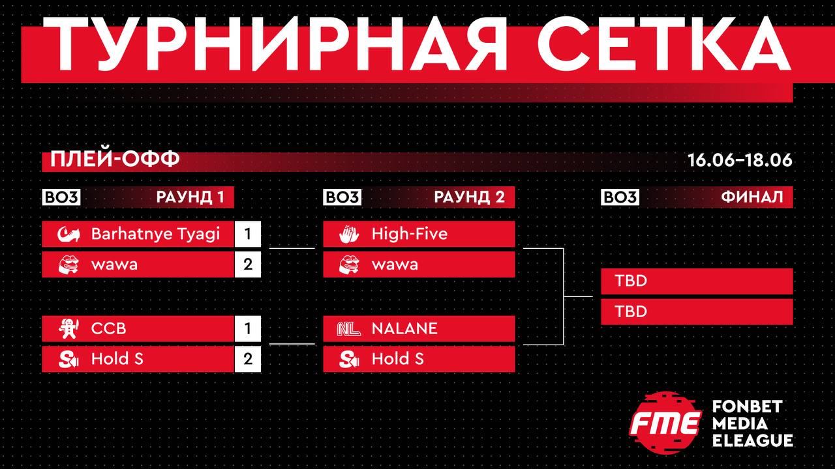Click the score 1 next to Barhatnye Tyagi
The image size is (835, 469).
coord(248,234)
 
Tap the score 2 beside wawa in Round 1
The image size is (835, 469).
coord(248,264)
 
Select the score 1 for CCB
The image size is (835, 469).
coord(248,329)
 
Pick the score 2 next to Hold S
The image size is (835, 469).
coord(248,359)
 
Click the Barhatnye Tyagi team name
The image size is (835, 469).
coord(155,234)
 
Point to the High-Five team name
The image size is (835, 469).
coord(410,234)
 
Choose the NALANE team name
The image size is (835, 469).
coord(404,329)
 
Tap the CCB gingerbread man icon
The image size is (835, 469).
coord(68,328)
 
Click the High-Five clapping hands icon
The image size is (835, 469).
coord(349,234)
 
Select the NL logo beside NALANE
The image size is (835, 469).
coord(349,329)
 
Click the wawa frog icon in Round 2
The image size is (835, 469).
coord(349,264)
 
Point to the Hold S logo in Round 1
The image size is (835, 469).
coord(69,359)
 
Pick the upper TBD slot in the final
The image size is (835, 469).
coord(697,281)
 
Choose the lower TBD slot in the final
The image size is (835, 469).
coord(697,311)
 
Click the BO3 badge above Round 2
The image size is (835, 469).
coord(342,197)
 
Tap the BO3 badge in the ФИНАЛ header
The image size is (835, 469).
coord(620,197)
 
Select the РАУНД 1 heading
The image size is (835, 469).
coord(190,197)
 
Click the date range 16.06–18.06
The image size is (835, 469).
coord(740,160)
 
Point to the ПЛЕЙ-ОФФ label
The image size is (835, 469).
coord(115,159)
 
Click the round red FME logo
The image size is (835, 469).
coord(666,423)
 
